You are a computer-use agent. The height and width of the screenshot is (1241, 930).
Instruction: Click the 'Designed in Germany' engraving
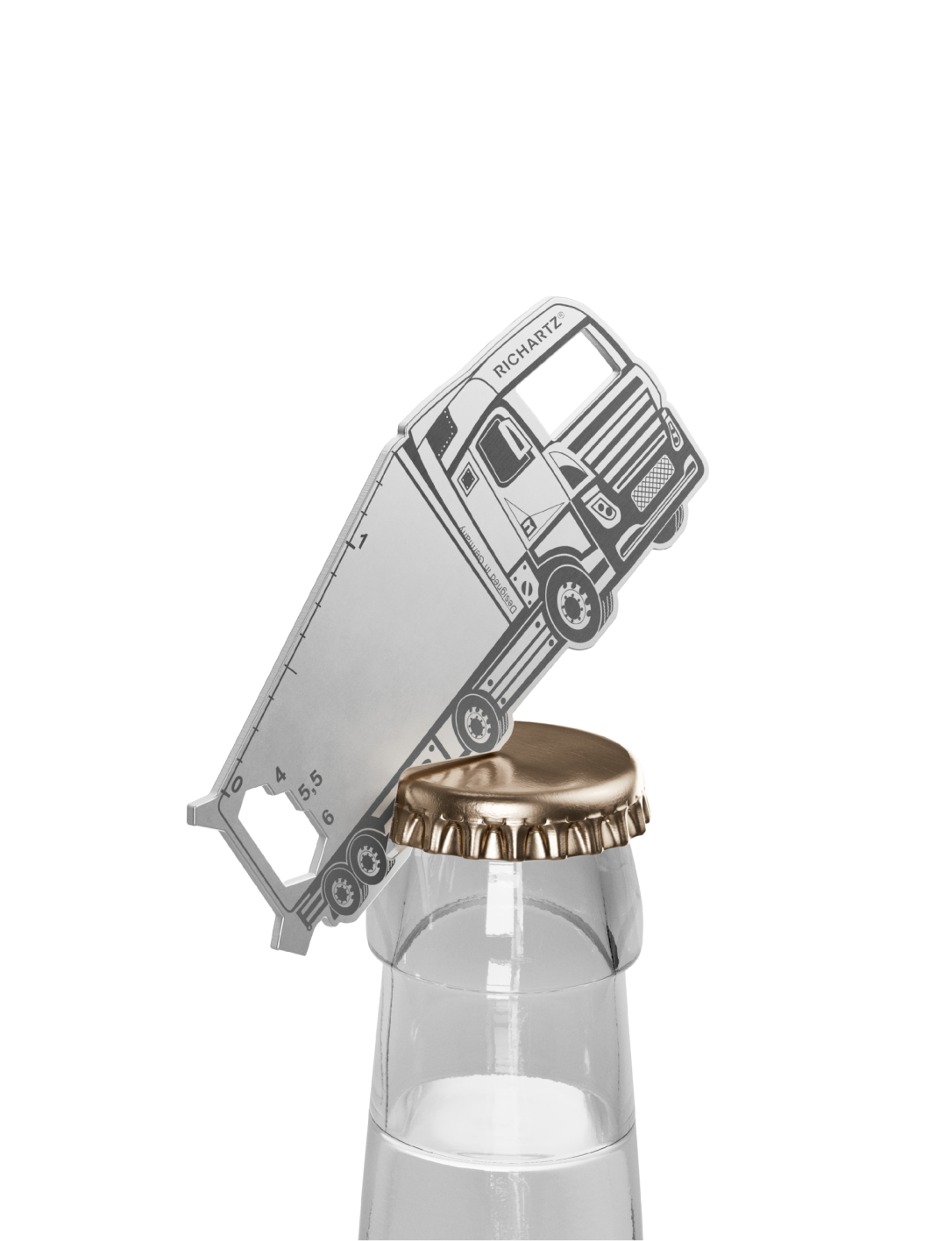[487, 570]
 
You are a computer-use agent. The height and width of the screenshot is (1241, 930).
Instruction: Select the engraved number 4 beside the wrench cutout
[280, 774]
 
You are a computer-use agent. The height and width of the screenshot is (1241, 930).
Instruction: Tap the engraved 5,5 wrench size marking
[310, 786]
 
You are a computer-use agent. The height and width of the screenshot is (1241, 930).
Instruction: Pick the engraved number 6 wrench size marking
[327, 817]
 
